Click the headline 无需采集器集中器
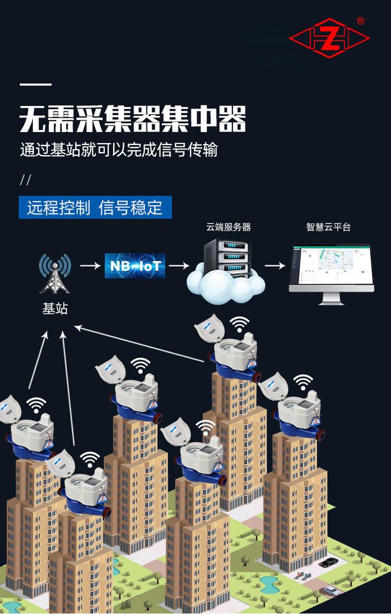(x=132, y=120)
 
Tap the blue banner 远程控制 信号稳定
(x=95, y=207)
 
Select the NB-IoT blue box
(x=135, y=266)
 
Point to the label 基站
(x=55, y=309)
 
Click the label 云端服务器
(x=228, y=228)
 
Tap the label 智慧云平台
(x=328, y=228)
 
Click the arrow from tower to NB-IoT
(x=90, y=266)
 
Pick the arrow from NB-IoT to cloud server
(x=179, y=266)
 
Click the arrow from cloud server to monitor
(x=275, y=266)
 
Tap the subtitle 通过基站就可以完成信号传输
(x=118, y=150)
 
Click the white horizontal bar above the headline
(x=35, y=85)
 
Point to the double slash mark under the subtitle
(x=26, y=181)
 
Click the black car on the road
(x=328, y=563)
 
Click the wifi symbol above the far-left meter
(x=36, y=404)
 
